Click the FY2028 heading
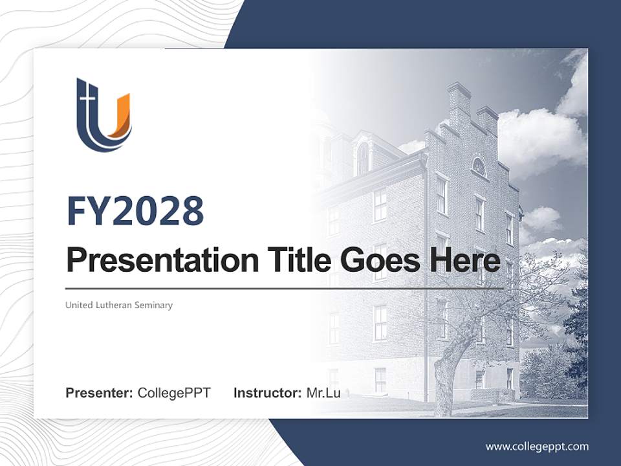pyautogui.click(x=135, y=211)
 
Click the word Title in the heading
pyautogui.click(x=298, y=261)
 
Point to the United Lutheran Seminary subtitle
pyautogui.click(x=119, y=305)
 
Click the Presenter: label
pyautogui.click(x=100, y=393)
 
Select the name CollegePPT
pyautogui.click(x=174, y=393)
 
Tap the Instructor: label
pyautogui.click(x=267, y=393)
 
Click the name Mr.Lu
pyautogui.click(x=323, y=393)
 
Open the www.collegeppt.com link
pyautogui.click(x=537, y=446)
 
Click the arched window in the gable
pyautogui.click(x=479, y=167)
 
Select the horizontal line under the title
pyautogui.click(x=285, y=288)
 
